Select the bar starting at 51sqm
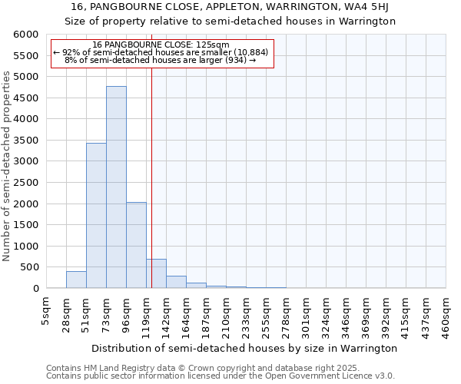(x=96, y=215)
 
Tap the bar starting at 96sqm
(x=136, y=245)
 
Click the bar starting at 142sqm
(x=176, y=282)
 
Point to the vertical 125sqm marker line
(x=152, y=154)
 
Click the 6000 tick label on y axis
(x=25, y=35)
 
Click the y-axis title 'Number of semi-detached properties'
(x=7, y=166)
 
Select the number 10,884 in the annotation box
(x=251, y=52)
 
